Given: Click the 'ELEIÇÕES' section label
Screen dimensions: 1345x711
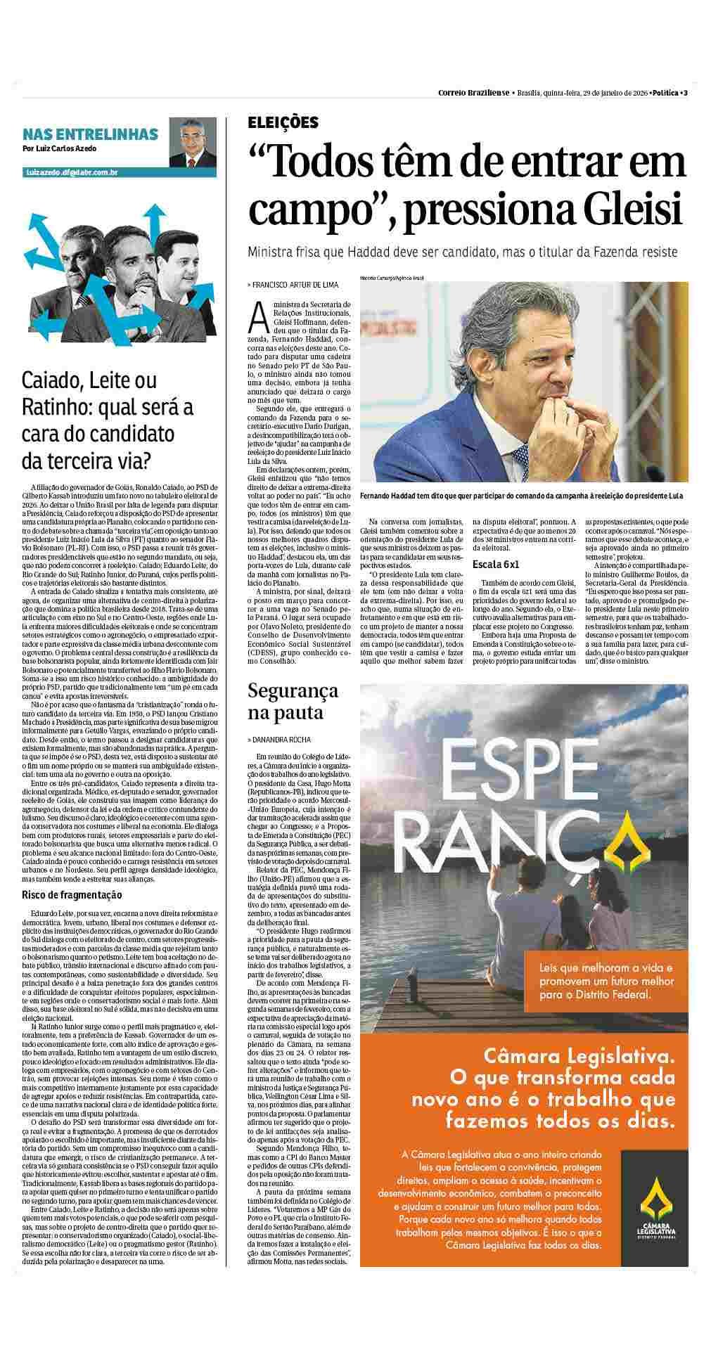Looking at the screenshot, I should [283, 123].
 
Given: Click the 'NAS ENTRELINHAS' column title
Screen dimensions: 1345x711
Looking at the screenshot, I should [90, 134].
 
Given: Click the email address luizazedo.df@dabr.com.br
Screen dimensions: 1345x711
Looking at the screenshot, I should [71, 172].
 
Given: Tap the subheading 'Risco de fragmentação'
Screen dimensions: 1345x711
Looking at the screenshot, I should [72, 894].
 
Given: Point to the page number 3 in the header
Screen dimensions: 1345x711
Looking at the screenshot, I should [685, 93].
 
